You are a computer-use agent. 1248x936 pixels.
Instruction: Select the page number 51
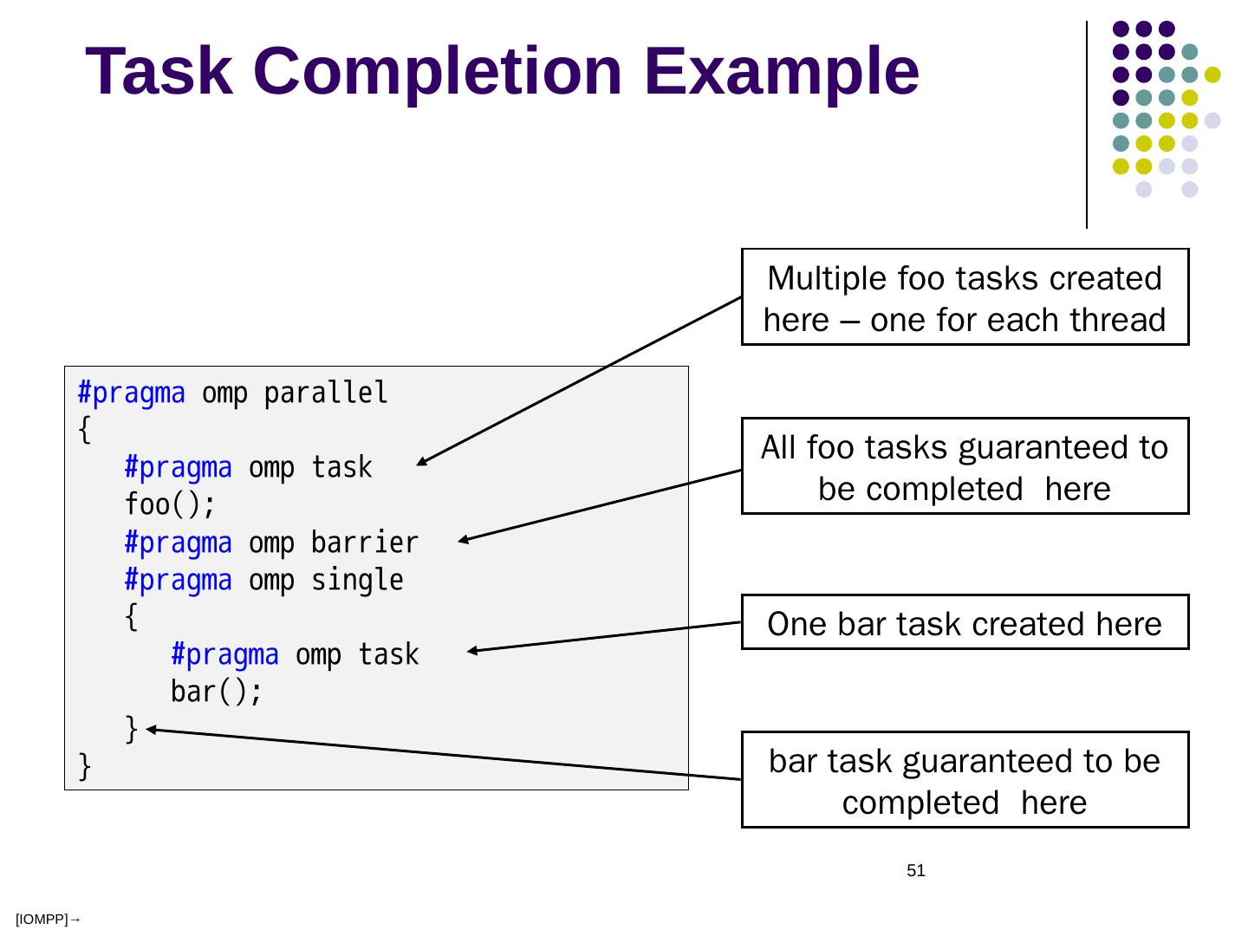[x=916, y=871]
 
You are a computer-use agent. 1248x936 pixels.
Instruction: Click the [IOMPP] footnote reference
[x=47, y=920]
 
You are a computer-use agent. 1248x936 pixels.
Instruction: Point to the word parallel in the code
[x=326, y=393]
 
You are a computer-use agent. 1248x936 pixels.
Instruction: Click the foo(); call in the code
[x=169, y=504]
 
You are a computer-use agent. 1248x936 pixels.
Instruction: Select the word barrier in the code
[x=365, y=543]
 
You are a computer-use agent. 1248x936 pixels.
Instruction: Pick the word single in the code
[x=357, y=580]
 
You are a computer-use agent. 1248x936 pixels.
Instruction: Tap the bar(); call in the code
[x=216, y=692]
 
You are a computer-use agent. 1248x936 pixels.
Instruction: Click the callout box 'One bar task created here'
[x=965, y=622]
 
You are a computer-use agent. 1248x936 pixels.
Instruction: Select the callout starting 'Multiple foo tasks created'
[x=965, y=297]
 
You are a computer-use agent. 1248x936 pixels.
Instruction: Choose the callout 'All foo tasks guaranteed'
[x=965, y=466]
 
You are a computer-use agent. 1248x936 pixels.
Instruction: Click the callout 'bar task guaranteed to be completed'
[x=965, y=780]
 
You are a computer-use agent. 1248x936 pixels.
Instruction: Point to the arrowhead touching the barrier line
[x=464, y=541]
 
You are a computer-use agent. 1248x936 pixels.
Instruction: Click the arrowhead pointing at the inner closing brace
[x=150, y=730]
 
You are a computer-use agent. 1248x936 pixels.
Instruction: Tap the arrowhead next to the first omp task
[x=421, y=463]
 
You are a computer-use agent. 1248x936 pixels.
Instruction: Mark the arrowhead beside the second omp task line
[x=472, y=651]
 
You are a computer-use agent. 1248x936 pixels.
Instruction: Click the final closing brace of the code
[x=84, y=766]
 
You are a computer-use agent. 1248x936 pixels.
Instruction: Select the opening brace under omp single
[x=131, y=617]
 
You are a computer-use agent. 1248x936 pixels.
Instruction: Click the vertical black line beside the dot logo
[x=1087, y=125]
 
